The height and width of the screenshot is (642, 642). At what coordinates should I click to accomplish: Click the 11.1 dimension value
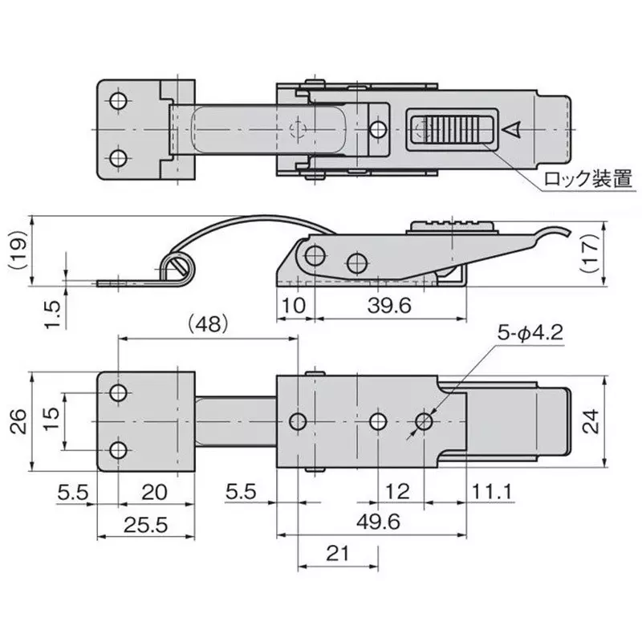click(x=493, y=490)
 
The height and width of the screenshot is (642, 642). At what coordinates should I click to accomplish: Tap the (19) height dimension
click(x=16, y=250)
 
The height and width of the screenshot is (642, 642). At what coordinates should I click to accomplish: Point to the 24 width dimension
click(x=591, y=422)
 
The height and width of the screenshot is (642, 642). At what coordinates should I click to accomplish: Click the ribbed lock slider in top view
click(x=449, y=128)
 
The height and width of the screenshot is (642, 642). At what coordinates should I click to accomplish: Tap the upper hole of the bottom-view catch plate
click(x=119, y=393)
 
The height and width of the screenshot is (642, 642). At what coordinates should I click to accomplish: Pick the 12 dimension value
click(x=400, y=490)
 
